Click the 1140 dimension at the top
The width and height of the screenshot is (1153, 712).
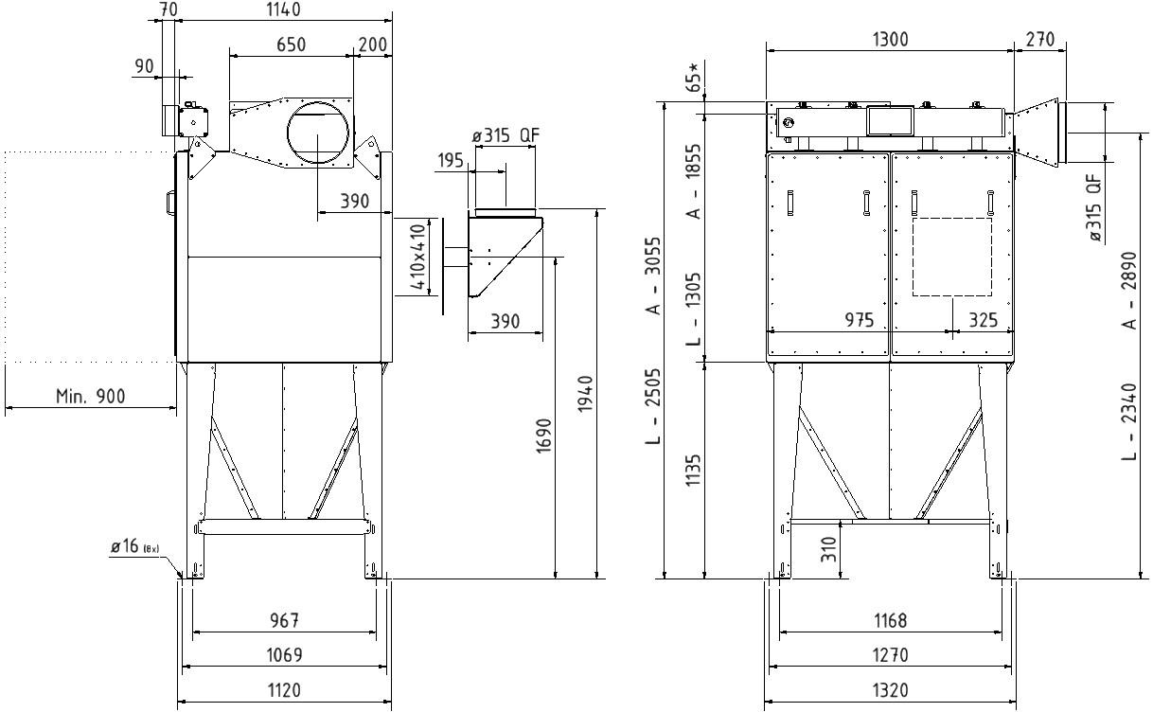click(x=283, y=9)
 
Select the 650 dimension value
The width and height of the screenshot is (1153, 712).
click(x=291, y=44)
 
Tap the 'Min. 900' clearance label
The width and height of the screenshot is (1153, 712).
click(x=91, y=396)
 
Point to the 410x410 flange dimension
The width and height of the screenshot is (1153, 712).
click(x=418, y=257)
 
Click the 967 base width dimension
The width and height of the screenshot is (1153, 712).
click(x=285, y=620)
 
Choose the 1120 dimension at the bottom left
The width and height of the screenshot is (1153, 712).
click(x=284, y=690)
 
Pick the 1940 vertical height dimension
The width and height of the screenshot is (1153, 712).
click(x=585, y=394)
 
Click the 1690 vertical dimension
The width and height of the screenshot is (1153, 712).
click(x=544, y=436)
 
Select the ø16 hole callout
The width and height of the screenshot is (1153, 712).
click(x=134, y=546)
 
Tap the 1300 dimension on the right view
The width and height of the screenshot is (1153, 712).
click(x=891, y=40)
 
